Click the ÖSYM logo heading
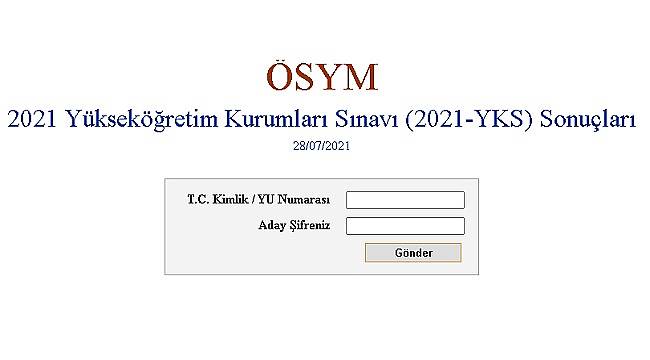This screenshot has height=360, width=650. [x=323, y=77]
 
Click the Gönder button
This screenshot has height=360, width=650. [x=413, y=253]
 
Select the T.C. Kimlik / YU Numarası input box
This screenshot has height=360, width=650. [x=405, y=200]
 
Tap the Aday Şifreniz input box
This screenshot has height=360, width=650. [x=405, y=226]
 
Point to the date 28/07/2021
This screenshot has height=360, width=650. [x=323, y=146]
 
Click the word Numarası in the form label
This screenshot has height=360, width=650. [x=307, y=200]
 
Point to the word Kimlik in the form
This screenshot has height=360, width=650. [x=227, y=200]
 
